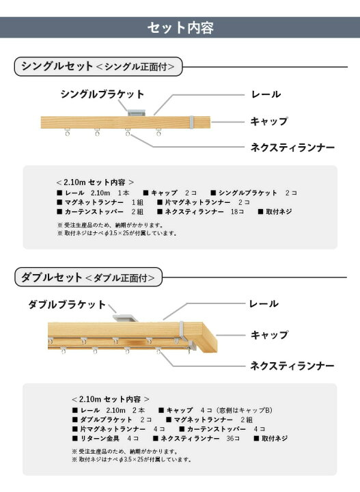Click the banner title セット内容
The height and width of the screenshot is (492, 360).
tap(180, 27)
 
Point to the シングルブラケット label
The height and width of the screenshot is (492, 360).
tap(102, 94)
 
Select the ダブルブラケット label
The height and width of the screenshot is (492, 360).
tap(67, 304)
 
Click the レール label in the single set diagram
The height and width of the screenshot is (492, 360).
tap(266, 94)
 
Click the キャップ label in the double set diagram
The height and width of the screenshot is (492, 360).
tap(269, 335)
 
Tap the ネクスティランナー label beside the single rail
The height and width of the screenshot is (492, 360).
tap(292, 147)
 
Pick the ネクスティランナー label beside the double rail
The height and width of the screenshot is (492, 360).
tap(292, 366)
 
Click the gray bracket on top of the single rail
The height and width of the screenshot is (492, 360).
tap(137, 112)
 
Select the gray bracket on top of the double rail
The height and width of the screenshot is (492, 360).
tap(126, 317)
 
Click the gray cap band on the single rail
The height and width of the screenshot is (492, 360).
tap(191, 122)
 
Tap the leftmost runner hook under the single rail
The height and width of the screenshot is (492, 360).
tap(68, 132)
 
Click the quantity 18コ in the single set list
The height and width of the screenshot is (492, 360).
tap(238, 212)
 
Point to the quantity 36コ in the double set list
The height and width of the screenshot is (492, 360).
tap(233, 438)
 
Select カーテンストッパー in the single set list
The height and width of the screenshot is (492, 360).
tap(94, 212)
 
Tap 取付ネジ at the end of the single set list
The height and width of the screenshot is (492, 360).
tap(279, 212)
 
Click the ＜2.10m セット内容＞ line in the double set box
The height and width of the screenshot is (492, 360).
tap(111, 399)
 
